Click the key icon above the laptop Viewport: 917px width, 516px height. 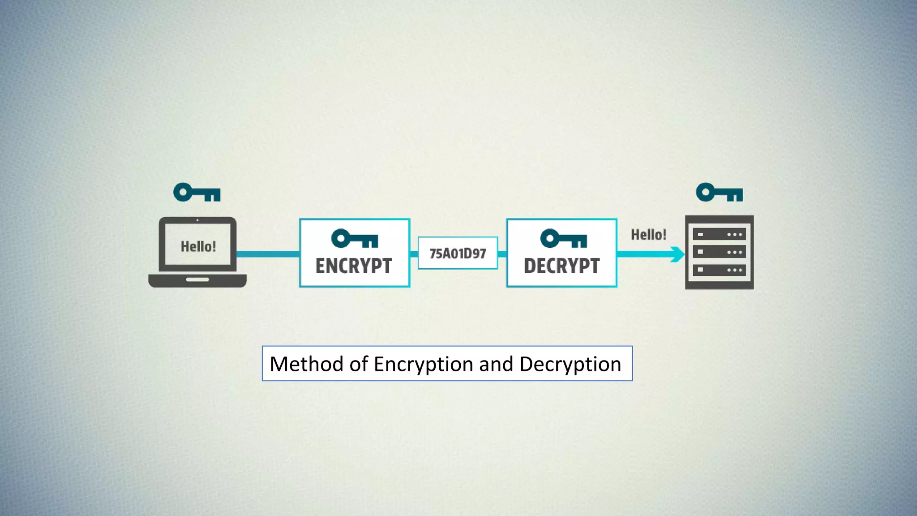(x=197, y=193)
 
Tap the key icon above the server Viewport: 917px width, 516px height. (x=719, y=193)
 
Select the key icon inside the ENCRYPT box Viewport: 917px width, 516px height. (x=355, y=238)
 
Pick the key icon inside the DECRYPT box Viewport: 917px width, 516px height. (x=563, y=238)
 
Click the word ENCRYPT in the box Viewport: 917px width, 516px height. (x=354, y=266)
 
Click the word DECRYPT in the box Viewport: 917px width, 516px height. (x=561, y=266)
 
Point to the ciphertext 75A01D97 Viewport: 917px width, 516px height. (x=458, y=254)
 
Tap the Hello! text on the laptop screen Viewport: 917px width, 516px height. (x=198, y=246)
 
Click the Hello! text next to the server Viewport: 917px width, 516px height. (x=648, y=235)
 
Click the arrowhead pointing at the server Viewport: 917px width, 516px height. (x=678, y=254)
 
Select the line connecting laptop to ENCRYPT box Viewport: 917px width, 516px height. (x=268, y=254)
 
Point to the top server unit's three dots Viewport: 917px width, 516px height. (x=734, y=234)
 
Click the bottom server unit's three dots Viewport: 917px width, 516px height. (x=734, y=270)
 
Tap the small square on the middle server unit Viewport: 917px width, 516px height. (x=700, y=252)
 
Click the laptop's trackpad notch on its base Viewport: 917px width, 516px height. (x=197, y=279)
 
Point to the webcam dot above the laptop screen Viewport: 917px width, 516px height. (x=197, y=220)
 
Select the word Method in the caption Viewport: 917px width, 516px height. (x=306, y=364)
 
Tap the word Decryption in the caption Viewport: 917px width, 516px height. (x=570, y=365)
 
